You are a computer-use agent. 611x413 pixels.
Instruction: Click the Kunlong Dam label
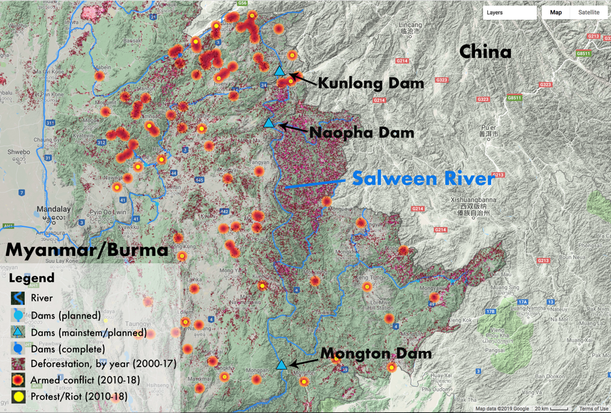370,83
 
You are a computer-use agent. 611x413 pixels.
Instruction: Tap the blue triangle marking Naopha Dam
269,123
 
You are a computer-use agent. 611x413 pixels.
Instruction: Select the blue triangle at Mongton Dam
281,365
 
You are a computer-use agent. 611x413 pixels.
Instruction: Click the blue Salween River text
423,178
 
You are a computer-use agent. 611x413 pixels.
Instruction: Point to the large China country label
485,52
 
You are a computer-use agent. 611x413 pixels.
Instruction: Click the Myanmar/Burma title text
87,250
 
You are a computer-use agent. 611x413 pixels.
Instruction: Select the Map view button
555,12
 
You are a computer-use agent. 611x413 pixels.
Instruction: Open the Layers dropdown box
510,12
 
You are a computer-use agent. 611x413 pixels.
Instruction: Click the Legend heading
31,278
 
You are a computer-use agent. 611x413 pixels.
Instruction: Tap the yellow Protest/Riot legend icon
18,397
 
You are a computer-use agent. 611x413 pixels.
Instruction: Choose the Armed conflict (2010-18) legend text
85,380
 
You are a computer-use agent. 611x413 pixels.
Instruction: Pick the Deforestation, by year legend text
103,364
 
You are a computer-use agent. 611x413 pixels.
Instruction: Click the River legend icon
18,298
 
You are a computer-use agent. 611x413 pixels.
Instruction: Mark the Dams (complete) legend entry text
68,349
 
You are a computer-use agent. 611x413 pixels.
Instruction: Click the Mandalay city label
53,210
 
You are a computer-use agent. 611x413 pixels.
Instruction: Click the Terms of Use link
593,409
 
